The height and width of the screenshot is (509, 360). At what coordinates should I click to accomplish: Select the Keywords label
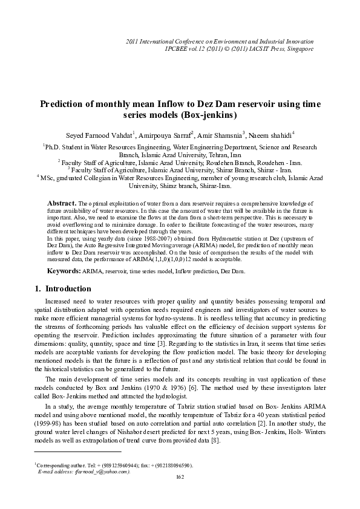65,272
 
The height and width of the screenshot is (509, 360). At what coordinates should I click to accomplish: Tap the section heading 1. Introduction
61,288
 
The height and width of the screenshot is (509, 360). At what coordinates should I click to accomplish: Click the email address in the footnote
100,472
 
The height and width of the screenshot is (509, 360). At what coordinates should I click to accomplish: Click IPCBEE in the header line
178,48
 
